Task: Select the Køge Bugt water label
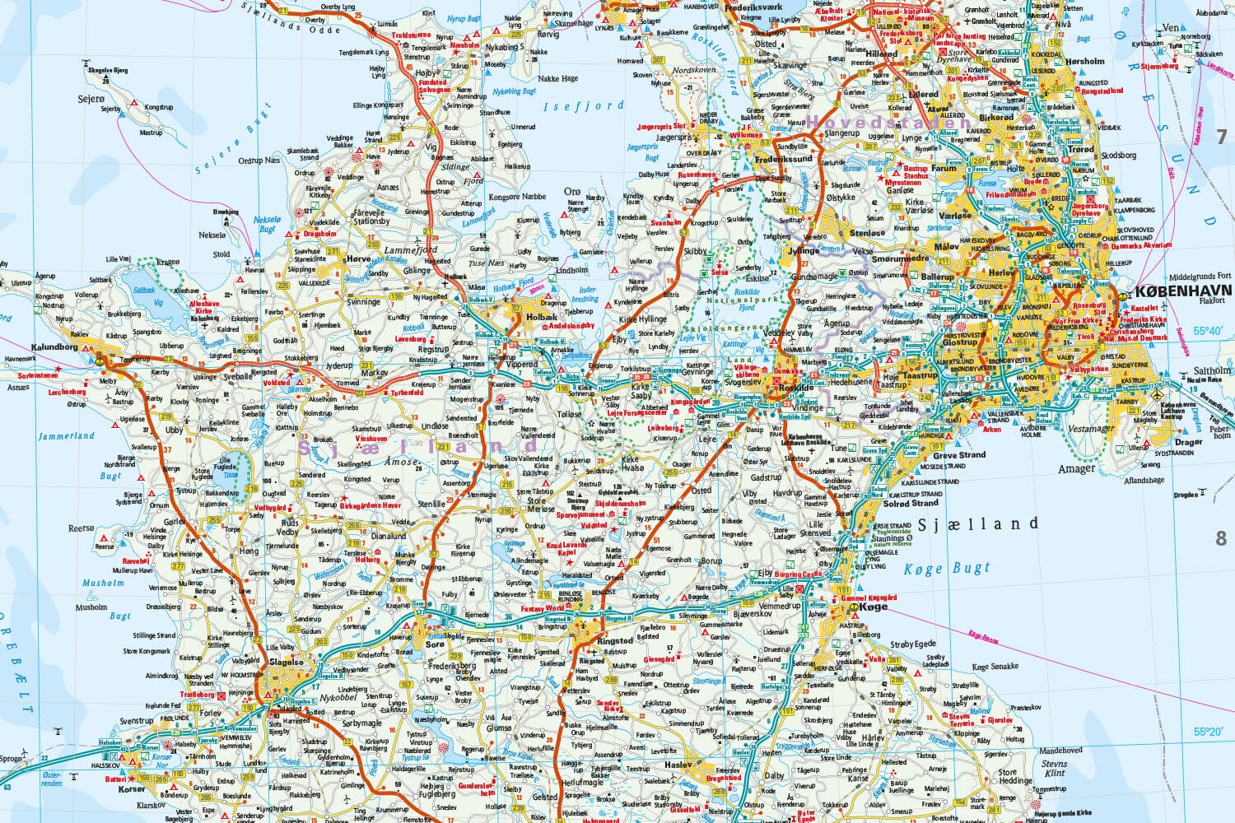(947, 568)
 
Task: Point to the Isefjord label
(583, 106)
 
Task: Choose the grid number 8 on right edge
(1221, 539)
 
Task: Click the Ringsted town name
(615, 640)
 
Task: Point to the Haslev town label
(679, 765)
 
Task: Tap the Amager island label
(1077, 468)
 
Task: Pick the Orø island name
(572, 192)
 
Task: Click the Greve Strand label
(959, 454)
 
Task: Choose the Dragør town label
(1188, 443)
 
